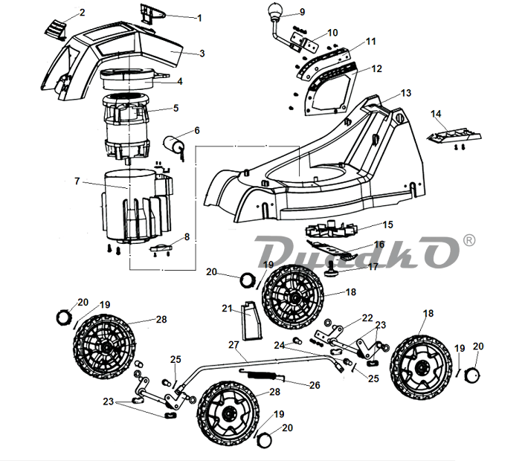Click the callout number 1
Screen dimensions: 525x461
tap(199, 18)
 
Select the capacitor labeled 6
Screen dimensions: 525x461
tap(174, 145)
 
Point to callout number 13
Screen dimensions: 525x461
tap(406, 93)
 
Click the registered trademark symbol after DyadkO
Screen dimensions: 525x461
tap(469, 240)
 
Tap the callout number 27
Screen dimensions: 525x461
tap(233, 344)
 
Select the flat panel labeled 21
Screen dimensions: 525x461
tap(251, 321)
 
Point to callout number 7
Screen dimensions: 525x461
tap(77, 181)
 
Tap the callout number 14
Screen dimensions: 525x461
tap(436, 114)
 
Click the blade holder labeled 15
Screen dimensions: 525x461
tap(331, 228)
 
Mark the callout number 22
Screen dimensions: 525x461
tap(367, 317)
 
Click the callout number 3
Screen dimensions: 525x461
tap(202, 54)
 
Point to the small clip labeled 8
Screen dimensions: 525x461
tap(161, 248)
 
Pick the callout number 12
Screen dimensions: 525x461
tap(376, 68)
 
